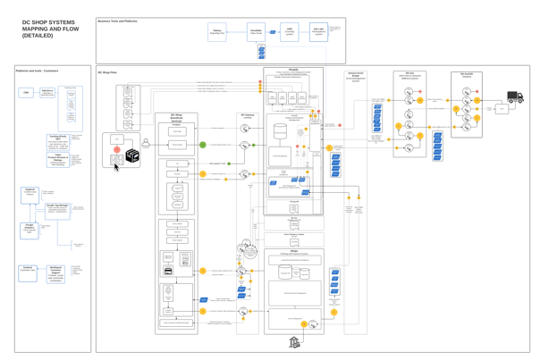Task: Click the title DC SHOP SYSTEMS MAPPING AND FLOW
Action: (49, 29)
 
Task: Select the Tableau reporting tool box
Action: (216, 32)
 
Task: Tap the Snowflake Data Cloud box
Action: (256, 32)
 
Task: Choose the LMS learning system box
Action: (290, 32)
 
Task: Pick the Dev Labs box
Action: (318, 32)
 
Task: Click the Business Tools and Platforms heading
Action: (117, 20)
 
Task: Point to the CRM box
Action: (27, 92)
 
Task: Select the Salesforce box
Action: (47, 92)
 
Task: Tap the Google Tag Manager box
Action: (57, 209)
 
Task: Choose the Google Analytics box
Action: (30, 229)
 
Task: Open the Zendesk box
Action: (28, 269)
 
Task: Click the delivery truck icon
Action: (516, 96)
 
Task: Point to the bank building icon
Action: (295, 342)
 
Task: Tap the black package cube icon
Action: (132, 155)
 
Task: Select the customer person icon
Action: (146, 142)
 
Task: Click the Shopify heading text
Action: (293, 69)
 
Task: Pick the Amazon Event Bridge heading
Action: (356, 75)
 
